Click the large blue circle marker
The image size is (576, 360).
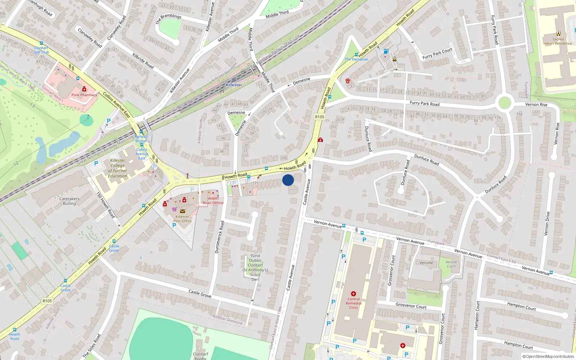pyautogui.click(x=288, y=180)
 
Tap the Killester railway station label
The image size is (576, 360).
pyautogui.click(x=234, y=85)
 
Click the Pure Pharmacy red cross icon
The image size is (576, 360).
pyautogui.click(x=84, y=89)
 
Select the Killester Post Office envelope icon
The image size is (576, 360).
pyautogui.click(x=183, y=211)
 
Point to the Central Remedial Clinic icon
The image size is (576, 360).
pyautogui.click(x=354, y=294)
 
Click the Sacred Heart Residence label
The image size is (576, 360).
pyautogui.click(x=558, y=41)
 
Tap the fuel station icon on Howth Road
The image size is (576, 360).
pyautogui.click(x=386, y=51)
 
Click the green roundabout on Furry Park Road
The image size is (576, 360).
pyautogui.click(x=505, y=103)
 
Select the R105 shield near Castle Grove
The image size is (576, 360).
pyautogui.click(x=47, y=301)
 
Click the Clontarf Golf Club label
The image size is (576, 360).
pyautogui.click(x=41, y=50)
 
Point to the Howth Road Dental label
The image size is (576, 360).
pyautogui.click(x=213, y=201)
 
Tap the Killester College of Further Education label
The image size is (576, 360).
pyautogui.click(x=118, y=168)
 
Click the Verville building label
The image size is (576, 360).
pyautogui.click(x=426, y=263)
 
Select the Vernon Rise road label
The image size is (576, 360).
pyautogui.click(x=536, y=104)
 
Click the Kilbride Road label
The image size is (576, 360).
pyautogui.click(x=143, y=61)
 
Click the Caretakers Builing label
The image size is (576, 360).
pyautogui.click(x=69, y=201)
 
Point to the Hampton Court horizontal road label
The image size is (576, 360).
pyautogui.click(x=521, y=306)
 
